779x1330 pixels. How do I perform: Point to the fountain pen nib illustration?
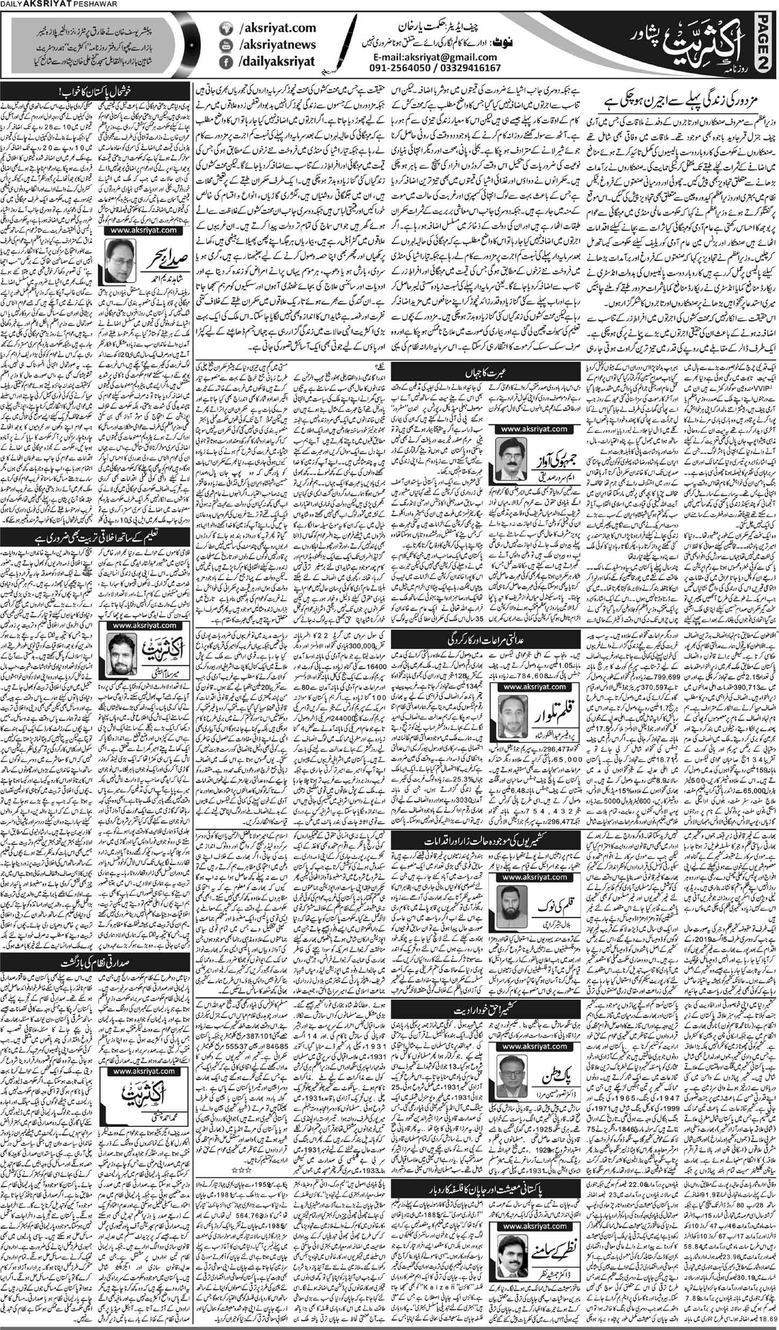(336, 46)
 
